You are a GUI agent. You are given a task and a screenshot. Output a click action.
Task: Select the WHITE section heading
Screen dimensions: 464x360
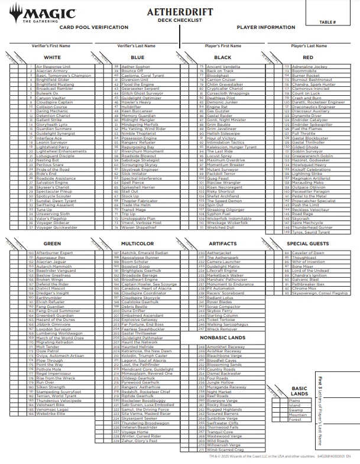pos(52,57)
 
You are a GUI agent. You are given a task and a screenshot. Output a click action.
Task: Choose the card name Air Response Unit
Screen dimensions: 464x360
pos(53,67)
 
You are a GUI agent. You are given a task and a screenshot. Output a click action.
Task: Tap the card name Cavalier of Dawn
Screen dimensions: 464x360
pos(308,253)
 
